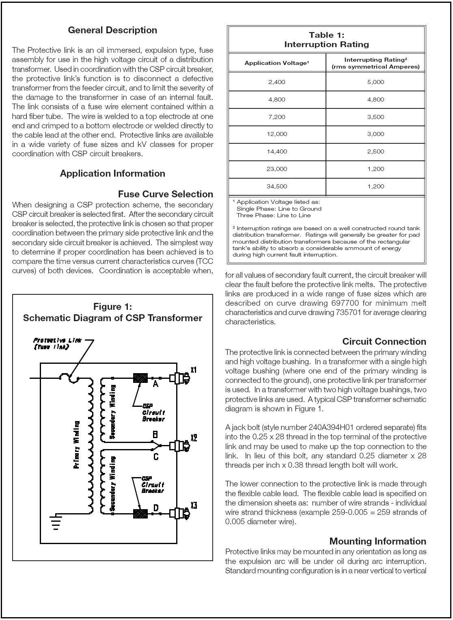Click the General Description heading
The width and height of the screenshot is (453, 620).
112,30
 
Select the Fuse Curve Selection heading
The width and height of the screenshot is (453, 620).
165,194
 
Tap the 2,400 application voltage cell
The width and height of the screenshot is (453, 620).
277,82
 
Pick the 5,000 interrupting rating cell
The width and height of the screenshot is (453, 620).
375,82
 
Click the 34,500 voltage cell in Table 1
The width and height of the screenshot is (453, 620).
277,186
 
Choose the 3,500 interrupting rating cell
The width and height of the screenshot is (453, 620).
375,117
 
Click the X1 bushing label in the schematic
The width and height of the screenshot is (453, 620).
194,370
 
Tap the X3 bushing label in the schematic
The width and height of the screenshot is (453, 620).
194,506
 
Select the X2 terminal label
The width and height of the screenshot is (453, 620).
194,438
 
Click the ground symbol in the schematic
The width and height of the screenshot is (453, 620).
56,522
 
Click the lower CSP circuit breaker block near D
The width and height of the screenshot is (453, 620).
140,514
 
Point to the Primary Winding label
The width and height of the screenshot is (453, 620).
76,445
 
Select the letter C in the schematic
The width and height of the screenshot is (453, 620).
155,457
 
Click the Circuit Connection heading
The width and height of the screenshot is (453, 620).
384,341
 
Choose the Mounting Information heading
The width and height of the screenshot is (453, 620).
377,541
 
